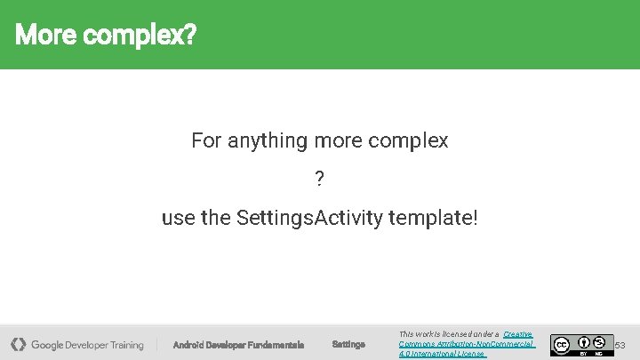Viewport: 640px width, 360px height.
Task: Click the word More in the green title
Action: (x=41, y=36)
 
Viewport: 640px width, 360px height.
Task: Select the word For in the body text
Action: (x=206, y=140)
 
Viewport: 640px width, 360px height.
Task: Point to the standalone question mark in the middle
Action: (x=320, y=180)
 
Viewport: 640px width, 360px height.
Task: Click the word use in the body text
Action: (x=177, y=218)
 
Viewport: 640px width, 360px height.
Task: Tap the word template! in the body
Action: (x=434, y=218)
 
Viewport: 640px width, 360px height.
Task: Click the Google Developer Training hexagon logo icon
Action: (x=18, y=344)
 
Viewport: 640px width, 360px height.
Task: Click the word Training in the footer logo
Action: (x=126, y=345)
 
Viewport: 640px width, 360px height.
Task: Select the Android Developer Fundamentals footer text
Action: (x=238, y=345)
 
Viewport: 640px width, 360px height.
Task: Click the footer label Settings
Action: (x=348, y=345)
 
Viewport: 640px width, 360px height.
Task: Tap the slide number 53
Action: (x=620, y=345)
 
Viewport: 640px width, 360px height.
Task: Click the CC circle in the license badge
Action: (x=562, y=344)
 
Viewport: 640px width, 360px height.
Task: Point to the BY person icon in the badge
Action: (x=584, y=341)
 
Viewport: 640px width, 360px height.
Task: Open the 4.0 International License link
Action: (x=442, y=354)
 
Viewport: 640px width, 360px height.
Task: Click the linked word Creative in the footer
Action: (x=517, y=334)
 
